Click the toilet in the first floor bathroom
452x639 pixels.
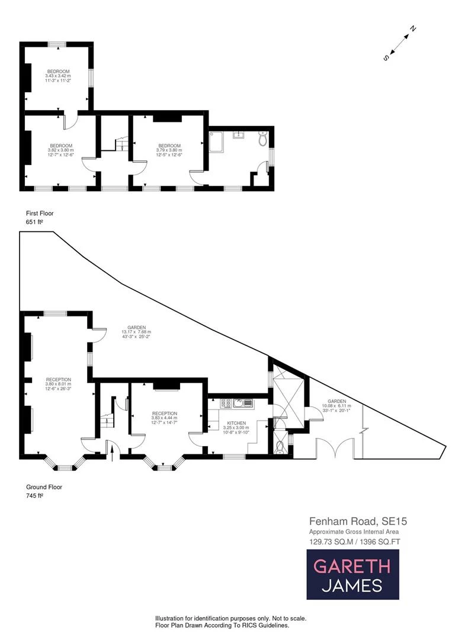click(263, 140)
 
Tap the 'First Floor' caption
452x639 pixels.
click(40, 213)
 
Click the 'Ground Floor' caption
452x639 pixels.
click(44, 487)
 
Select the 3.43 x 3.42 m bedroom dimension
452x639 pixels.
click(58, 76)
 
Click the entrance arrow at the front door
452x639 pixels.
click(111, 453)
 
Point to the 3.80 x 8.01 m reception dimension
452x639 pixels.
click(59, 384)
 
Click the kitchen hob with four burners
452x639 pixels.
click(226, 404)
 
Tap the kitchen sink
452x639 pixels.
click(242, 404)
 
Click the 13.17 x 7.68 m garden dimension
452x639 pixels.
click(136, 332)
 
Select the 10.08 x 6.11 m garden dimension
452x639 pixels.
click(337, 406)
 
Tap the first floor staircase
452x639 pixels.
click(119, 144)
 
